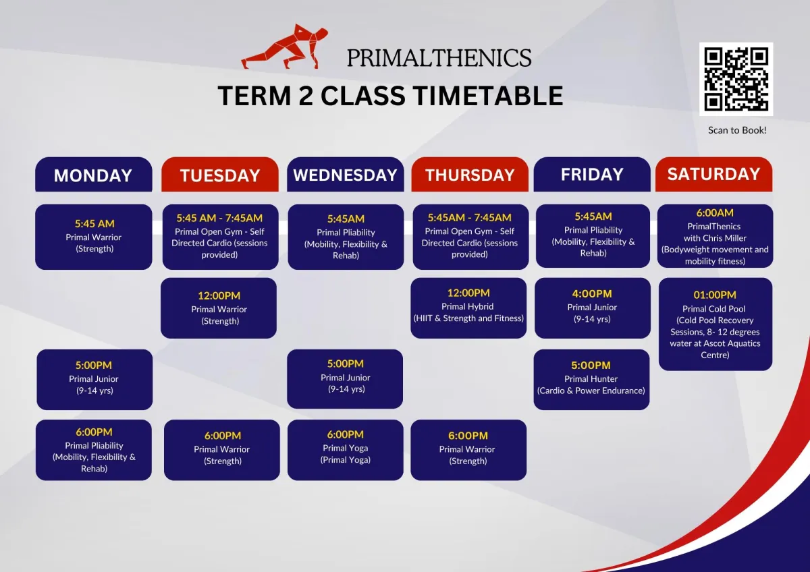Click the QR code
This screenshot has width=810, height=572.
click(736, 79)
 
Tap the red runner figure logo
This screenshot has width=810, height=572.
click(285, 47)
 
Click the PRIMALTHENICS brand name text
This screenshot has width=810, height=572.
click(439, 58)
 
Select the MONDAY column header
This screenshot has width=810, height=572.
click(94, 175)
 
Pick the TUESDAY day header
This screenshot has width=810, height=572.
click(220, 175)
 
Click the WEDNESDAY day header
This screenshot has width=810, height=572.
click(346, 175)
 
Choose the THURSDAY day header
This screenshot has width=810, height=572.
click(470, 175)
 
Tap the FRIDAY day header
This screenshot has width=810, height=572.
click(592, 175)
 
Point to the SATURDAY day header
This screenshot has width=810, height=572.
click(714, 175)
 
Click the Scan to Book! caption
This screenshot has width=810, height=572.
click(737, 130)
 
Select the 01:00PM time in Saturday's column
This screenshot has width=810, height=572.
click(715, 295)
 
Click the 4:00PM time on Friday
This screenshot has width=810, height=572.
click(592, 294)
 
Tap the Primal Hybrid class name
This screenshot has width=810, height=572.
click(467, 306)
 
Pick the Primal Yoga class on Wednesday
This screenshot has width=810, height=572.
click(346, 448)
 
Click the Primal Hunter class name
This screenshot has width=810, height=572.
click(591, 378)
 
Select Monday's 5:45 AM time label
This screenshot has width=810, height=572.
click(94, 224)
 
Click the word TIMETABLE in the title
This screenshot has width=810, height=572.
click(488, 96)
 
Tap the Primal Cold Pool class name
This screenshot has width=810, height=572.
click(714, 309)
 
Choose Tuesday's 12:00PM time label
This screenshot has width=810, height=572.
click(219, 295)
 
